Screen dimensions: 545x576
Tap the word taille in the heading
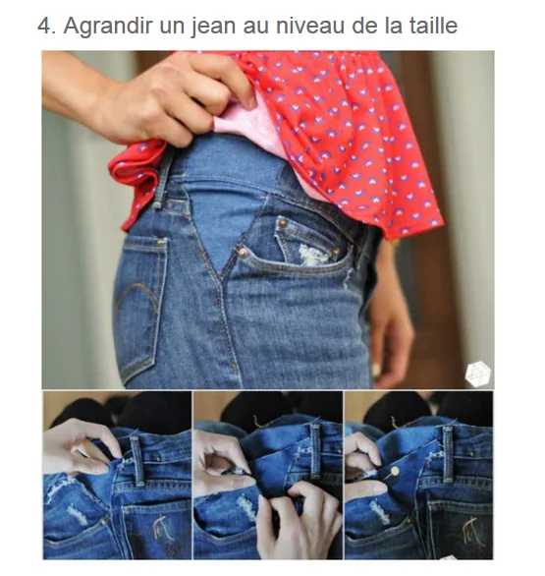click(x=433, y=25)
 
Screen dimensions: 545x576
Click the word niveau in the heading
click(x=310, y=26)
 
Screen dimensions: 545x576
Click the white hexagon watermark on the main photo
click(x=478, y=374)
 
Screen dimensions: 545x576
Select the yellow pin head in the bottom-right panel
click(x=395, y=471)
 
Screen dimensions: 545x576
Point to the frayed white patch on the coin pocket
click(x=312, y=255)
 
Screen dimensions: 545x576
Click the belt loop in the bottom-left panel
click(x=136, y=461)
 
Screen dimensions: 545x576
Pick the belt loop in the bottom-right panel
click(x=448, y=454)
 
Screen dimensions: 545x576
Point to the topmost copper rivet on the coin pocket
click(x=282, y=222)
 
